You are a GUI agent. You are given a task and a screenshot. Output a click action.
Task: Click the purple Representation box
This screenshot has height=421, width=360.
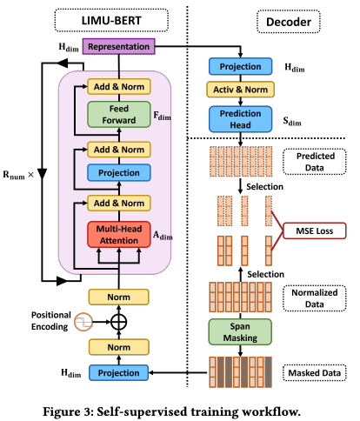[x=119, y=46]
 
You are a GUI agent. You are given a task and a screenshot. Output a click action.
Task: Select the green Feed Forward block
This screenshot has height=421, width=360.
[x=119, y=114]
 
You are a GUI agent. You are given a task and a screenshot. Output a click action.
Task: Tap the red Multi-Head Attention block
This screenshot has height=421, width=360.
[x=119, y=235]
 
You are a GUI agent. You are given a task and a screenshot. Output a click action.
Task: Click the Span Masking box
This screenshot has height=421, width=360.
[x=240, y=332]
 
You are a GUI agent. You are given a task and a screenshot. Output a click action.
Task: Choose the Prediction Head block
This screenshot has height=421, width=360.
[x=240, y=119]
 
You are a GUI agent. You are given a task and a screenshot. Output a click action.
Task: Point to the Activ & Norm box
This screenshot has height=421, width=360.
[x=240, y=90]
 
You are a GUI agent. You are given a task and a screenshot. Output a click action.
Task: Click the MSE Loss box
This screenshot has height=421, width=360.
[x=315, y=231]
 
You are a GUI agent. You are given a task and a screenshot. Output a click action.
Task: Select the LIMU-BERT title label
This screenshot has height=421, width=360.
[x=111, y=20]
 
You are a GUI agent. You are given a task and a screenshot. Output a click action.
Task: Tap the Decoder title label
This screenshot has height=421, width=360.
[x=289, y=22]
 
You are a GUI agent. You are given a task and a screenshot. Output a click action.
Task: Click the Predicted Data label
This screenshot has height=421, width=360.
[x=315, y=162]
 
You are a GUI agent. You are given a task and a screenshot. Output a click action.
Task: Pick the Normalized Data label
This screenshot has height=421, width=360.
[x=315, y=298]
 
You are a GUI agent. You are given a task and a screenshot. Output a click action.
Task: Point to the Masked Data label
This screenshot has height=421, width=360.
[x=315, y=372]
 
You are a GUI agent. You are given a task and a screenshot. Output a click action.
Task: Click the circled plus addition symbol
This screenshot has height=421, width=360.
[x=119, y=322]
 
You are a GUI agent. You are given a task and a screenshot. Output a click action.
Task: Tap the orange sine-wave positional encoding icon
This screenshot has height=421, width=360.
[x=83, y=322]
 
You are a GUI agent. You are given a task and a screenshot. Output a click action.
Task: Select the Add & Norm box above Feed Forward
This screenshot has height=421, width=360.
[x=119, y=86]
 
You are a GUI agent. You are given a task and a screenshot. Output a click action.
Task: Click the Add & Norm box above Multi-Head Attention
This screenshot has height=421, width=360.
[x=119, y=203]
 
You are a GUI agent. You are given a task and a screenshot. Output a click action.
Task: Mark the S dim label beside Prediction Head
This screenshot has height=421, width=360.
[x=292, y=122]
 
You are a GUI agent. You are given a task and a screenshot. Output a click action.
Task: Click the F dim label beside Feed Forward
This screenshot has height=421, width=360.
[x=162, y=116]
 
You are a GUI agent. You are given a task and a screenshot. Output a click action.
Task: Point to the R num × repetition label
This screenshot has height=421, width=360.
[x=18, y=175]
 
